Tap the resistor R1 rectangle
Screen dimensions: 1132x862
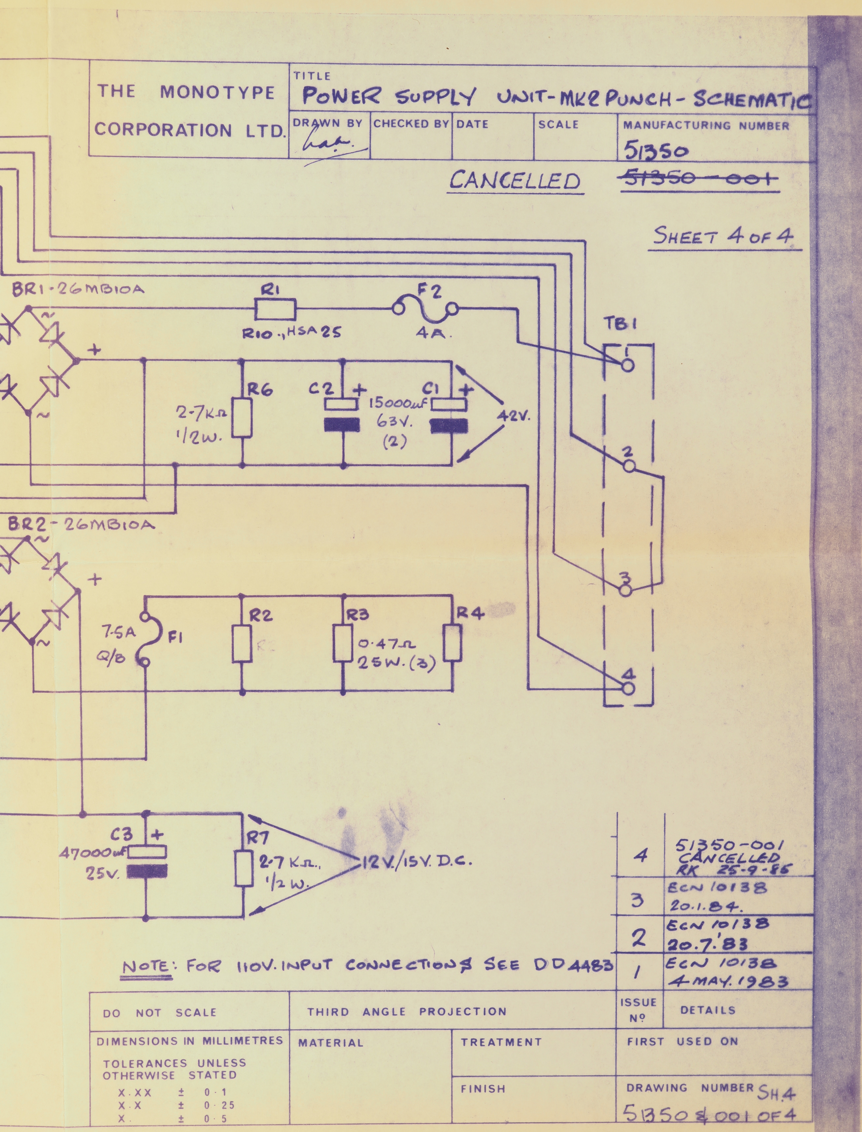click(275, 310)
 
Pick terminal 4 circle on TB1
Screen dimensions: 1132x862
click(628, 688)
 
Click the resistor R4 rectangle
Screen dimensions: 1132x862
click(453, 642)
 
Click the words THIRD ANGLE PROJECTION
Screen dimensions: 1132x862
click(406, 1011)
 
